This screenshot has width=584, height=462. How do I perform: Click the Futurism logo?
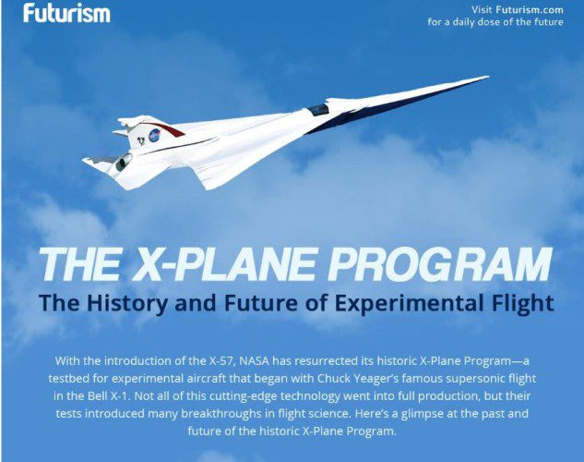coord(66,13)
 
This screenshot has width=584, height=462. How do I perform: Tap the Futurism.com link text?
coord(530,9)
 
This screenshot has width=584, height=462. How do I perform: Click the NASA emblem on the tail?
coord(154,135)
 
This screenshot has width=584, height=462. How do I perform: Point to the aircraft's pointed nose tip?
coord(488,77)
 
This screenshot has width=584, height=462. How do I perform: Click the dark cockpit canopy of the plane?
coord(318,109)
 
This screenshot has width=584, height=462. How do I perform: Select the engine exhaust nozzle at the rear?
coord(124,163)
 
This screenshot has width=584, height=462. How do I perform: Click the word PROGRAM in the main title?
coord(439,264)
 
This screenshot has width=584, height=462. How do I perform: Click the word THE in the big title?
coord(79,264)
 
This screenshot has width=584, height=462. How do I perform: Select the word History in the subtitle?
coord(127,303)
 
